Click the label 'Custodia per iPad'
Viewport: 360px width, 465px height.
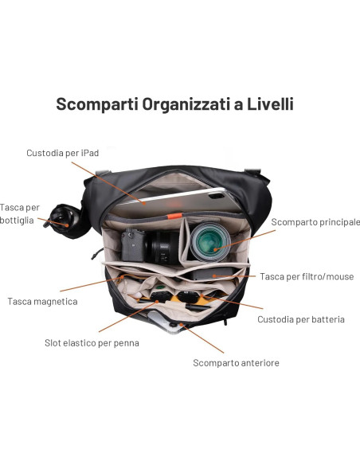(62, 152)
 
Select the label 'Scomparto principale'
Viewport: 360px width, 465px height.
(315, 222)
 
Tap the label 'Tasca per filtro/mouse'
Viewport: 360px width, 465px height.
(307, 276)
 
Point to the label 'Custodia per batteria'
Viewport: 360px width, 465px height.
(300, 319)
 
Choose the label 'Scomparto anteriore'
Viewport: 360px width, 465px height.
(236, 362)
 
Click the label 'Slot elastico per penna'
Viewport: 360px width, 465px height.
(92, 342)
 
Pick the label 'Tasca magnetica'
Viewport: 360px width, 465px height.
(42, 301)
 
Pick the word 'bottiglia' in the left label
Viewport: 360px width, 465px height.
(18, 220)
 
